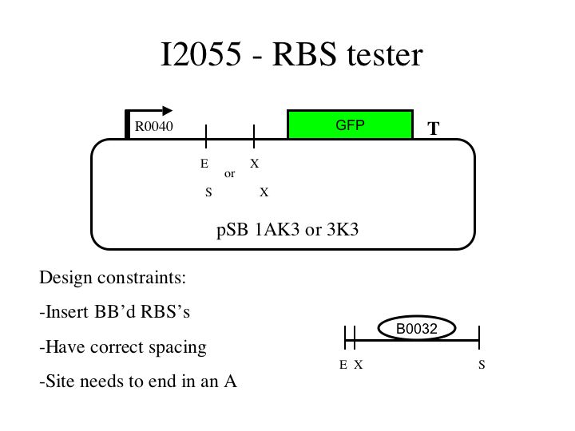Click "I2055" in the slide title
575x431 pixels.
200,56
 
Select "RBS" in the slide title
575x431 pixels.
303,56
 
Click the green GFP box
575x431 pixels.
351,125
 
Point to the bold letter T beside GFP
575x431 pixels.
434,129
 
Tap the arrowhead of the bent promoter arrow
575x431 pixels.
167,111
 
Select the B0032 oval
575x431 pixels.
416,328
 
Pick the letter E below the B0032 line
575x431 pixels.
343,365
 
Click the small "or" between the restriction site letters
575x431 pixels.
230,173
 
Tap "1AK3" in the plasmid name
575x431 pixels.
272,231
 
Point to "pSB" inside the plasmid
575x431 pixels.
230,231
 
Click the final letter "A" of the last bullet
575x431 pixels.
230,382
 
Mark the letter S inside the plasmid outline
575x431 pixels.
208,192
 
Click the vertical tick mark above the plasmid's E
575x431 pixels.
207,136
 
